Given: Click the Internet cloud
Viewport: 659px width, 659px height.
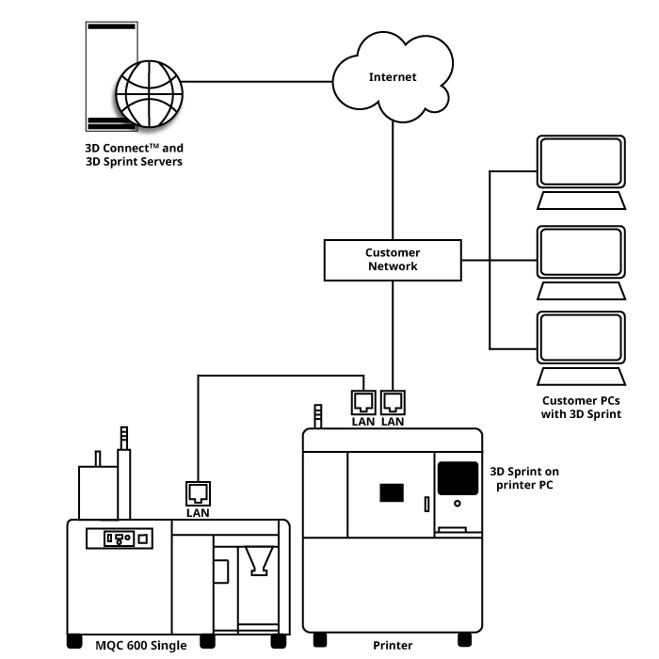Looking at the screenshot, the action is click(393, 77).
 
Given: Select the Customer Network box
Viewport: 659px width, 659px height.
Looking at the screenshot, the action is click(393, 260).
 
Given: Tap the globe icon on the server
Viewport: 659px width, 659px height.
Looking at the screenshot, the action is click(149, 94).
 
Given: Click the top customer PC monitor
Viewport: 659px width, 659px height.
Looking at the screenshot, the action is click(581, 161).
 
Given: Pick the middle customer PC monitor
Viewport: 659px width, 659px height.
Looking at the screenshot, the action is click(581, 251).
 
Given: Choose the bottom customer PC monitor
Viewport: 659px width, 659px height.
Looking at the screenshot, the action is click(581, 337).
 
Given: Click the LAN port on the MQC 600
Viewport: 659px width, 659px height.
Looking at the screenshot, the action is click(198, 494).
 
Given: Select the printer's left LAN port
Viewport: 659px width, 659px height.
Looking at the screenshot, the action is click(363, 403).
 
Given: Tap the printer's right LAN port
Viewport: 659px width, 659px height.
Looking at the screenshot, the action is click(393, 403).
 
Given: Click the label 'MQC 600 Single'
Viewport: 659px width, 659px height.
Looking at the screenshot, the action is click(141, 645).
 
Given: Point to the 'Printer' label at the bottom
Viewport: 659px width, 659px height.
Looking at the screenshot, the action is click(393, 645).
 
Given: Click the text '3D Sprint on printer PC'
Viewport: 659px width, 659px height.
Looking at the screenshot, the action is click(524, 478).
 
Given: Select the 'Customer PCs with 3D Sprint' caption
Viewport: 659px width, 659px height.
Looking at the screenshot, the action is click(581, 408).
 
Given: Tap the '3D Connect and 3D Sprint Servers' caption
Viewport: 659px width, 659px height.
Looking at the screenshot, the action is click(134, 154).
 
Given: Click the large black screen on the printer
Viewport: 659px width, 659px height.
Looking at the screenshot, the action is click(458, 478).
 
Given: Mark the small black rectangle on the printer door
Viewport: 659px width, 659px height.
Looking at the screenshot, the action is click(392, 492).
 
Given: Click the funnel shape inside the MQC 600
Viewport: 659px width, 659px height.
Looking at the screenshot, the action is click(259, 561).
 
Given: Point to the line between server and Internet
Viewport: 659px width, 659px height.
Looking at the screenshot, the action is click(257, 82).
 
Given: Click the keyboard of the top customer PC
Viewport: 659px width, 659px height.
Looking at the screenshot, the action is click(581, 201).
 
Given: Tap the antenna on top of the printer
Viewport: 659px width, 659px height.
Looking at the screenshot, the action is click(318, 416).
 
